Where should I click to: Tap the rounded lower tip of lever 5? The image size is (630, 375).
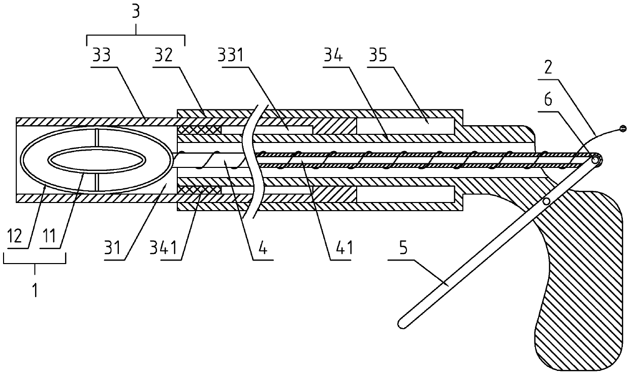402,322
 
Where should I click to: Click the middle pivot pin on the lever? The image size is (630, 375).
546,202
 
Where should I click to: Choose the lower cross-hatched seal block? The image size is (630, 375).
199,189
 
